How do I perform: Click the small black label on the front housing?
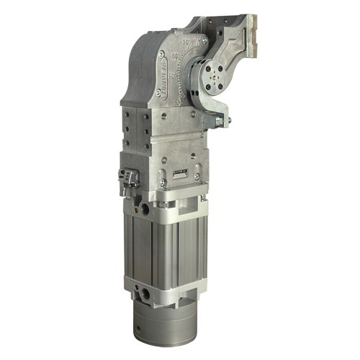tap(181, 173)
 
